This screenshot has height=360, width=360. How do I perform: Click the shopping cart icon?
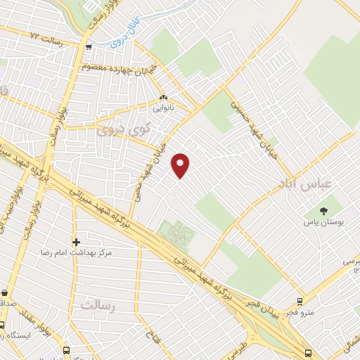(x=88, y=48)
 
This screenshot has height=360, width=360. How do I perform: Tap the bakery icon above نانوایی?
(x=164, y=98)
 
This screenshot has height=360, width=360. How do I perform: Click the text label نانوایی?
(x=164, y=109)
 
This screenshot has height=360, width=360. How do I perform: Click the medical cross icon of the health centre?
(x=76, y=242)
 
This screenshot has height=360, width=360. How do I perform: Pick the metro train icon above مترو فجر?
(x=300, y=301)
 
